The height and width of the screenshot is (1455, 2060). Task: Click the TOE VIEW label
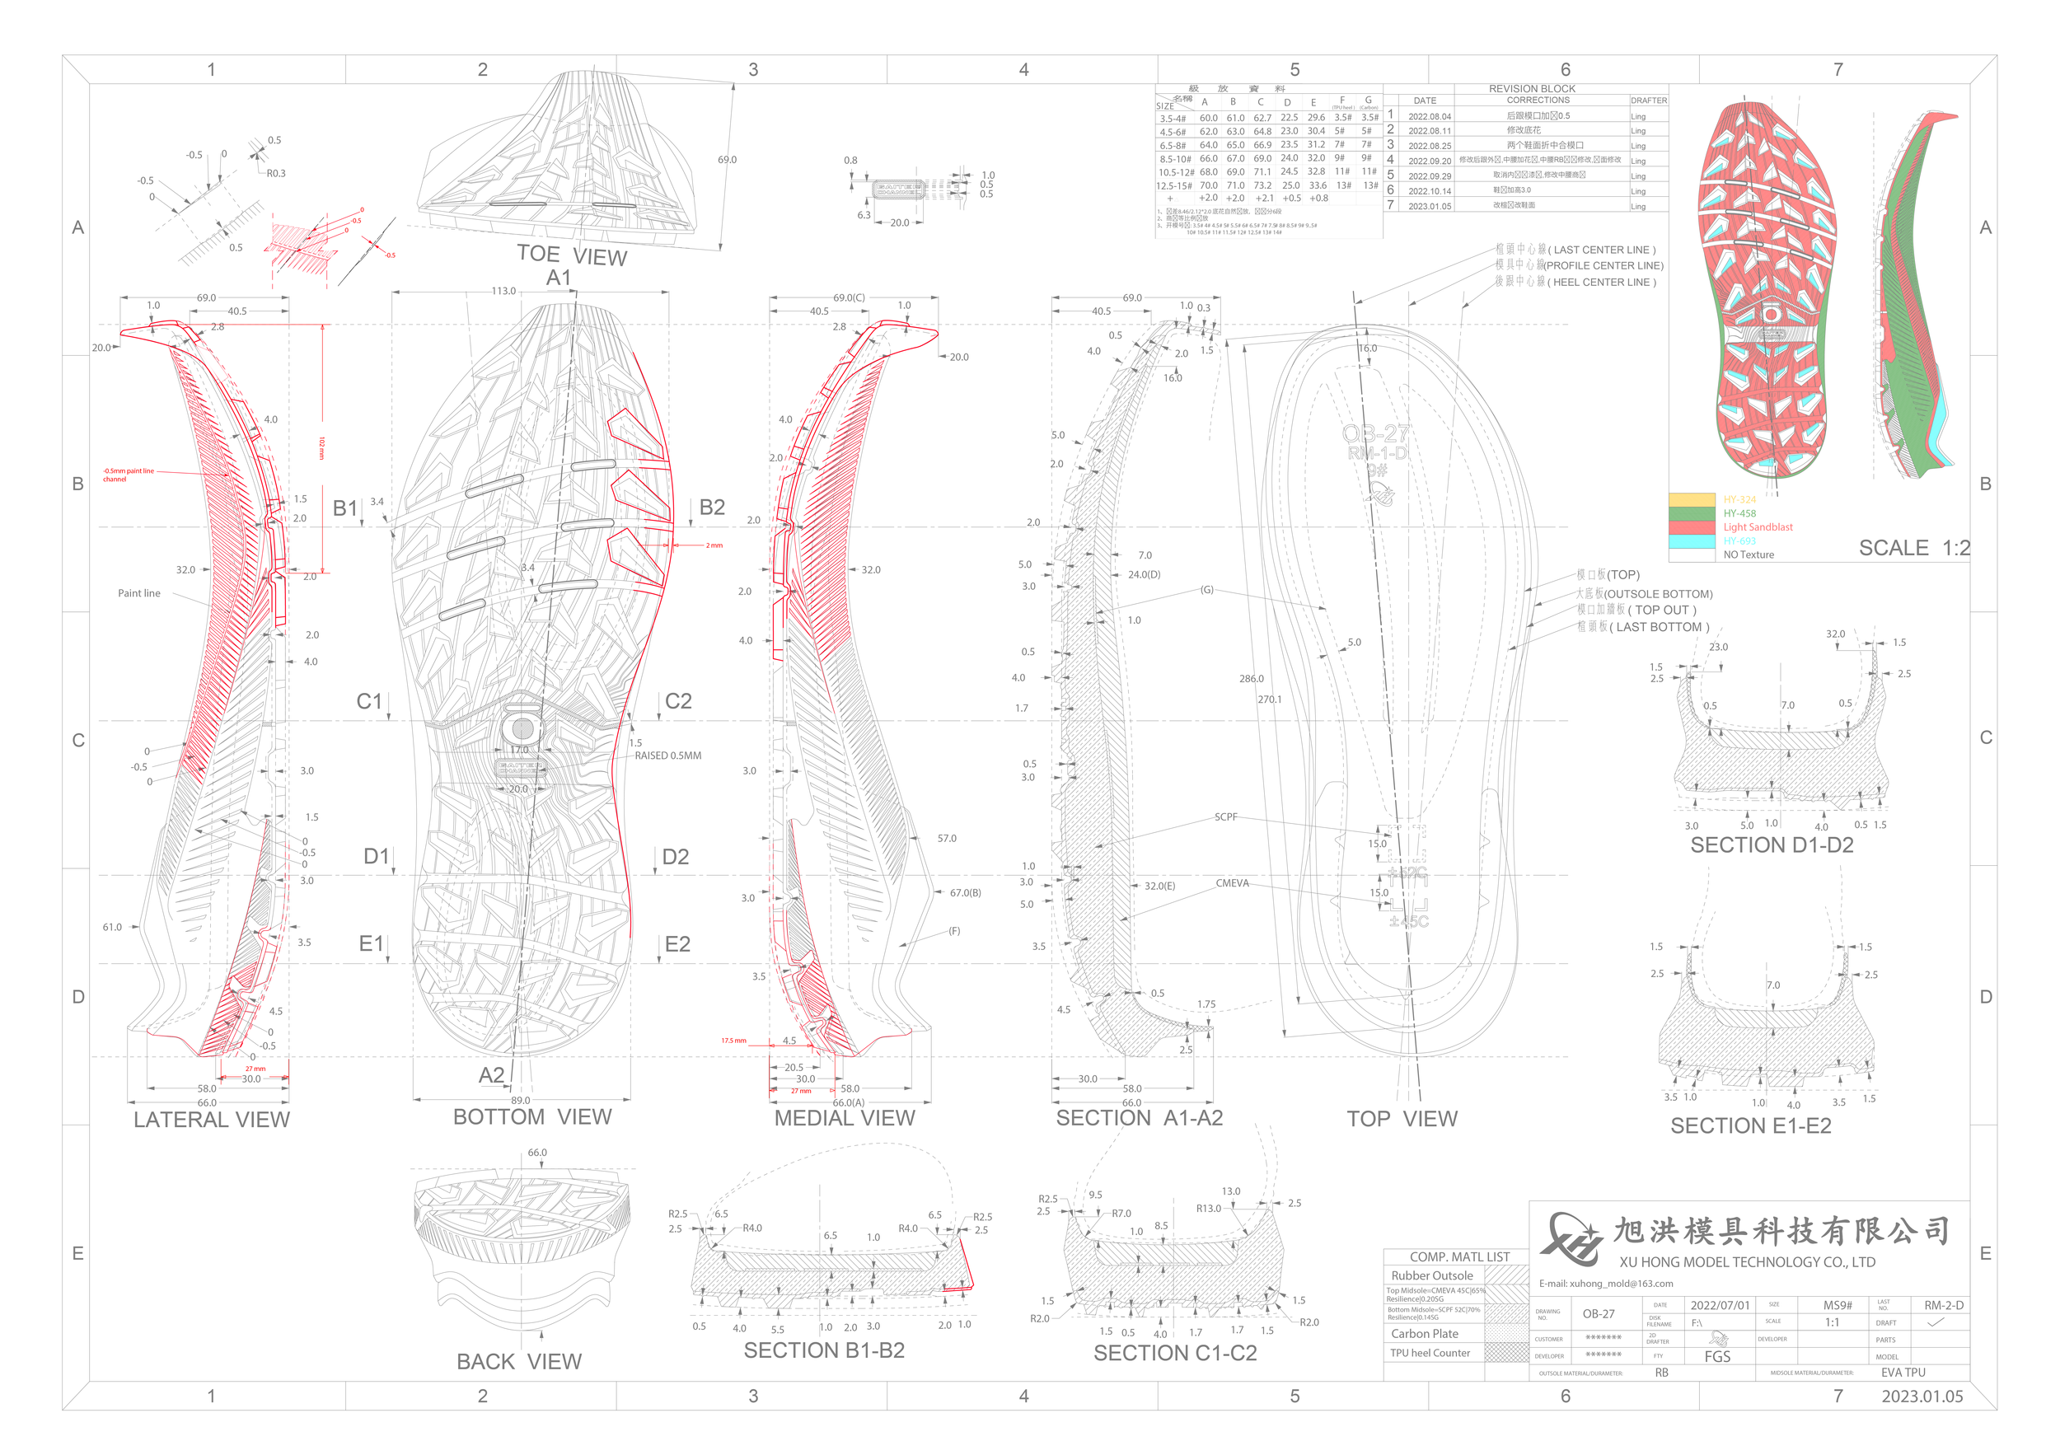point(572,255)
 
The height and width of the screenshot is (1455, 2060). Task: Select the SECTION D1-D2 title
point(1771,845)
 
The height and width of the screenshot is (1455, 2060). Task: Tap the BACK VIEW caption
point(518,1362)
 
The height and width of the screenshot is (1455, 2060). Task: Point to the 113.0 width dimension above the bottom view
point(503,292)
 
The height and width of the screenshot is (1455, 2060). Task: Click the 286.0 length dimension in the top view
point(1251,679)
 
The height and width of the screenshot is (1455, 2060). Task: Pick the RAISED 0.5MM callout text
point(667,756)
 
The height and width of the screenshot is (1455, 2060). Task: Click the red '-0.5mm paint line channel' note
point(128,475)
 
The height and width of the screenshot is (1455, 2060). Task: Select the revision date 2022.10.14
point(1430,191)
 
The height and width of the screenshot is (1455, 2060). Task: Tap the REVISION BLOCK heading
point(1532,89)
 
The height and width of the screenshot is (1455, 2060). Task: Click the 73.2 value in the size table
point(1262,185)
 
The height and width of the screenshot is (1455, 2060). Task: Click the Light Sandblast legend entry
point(1758,527)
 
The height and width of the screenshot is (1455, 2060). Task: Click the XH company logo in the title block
point(1570,1239)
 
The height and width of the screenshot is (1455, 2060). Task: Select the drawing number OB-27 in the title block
point(1598,1314)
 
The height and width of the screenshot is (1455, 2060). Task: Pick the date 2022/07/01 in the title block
point(1720,1306)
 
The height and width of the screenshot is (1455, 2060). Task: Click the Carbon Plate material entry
point(1424,1334)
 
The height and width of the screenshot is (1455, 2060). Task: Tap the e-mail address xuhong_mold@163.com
point(1606,1284)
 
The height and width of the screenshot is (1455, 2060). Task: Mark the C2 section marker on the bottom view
point(678,701)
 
